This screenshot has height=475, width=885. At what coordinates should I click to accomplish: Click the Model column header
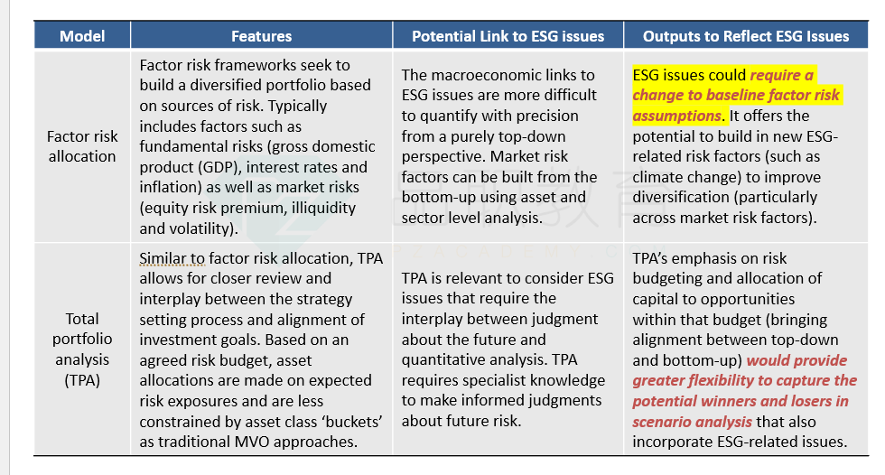[82, 37]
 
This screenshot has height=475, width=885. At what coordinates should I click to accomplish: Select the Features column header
[261, 37]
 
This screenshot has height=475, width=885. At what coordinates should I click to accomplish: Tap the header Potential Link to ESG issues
[508, 37]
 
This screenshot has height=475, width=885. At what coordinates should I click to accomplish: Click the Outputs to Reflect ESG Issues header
[746, 37]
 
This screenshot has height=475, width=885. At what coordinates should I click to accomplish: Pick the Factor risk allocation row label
[82, 146]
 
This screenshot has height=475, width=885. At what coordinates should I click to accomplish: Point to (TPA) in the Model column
[82, 380]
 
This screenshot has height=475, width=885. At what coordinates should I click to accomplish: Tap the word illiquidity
[323, 209]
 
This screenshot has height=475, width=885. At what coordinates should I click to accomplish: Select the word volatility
[198, 229]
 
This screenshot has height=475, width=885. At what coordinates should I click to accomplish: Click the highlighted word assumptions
[676, 116]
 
